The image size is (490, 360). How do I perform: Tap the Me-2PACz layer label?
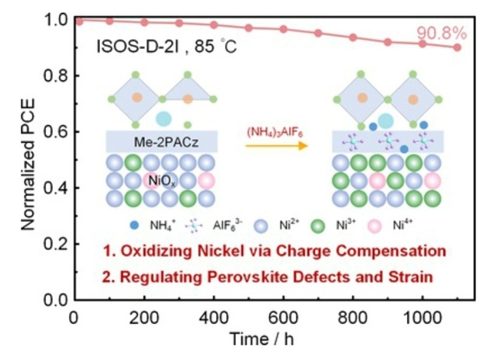coord(162,141)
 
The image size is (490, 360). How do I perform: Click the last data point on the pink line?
coord(458,47)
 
